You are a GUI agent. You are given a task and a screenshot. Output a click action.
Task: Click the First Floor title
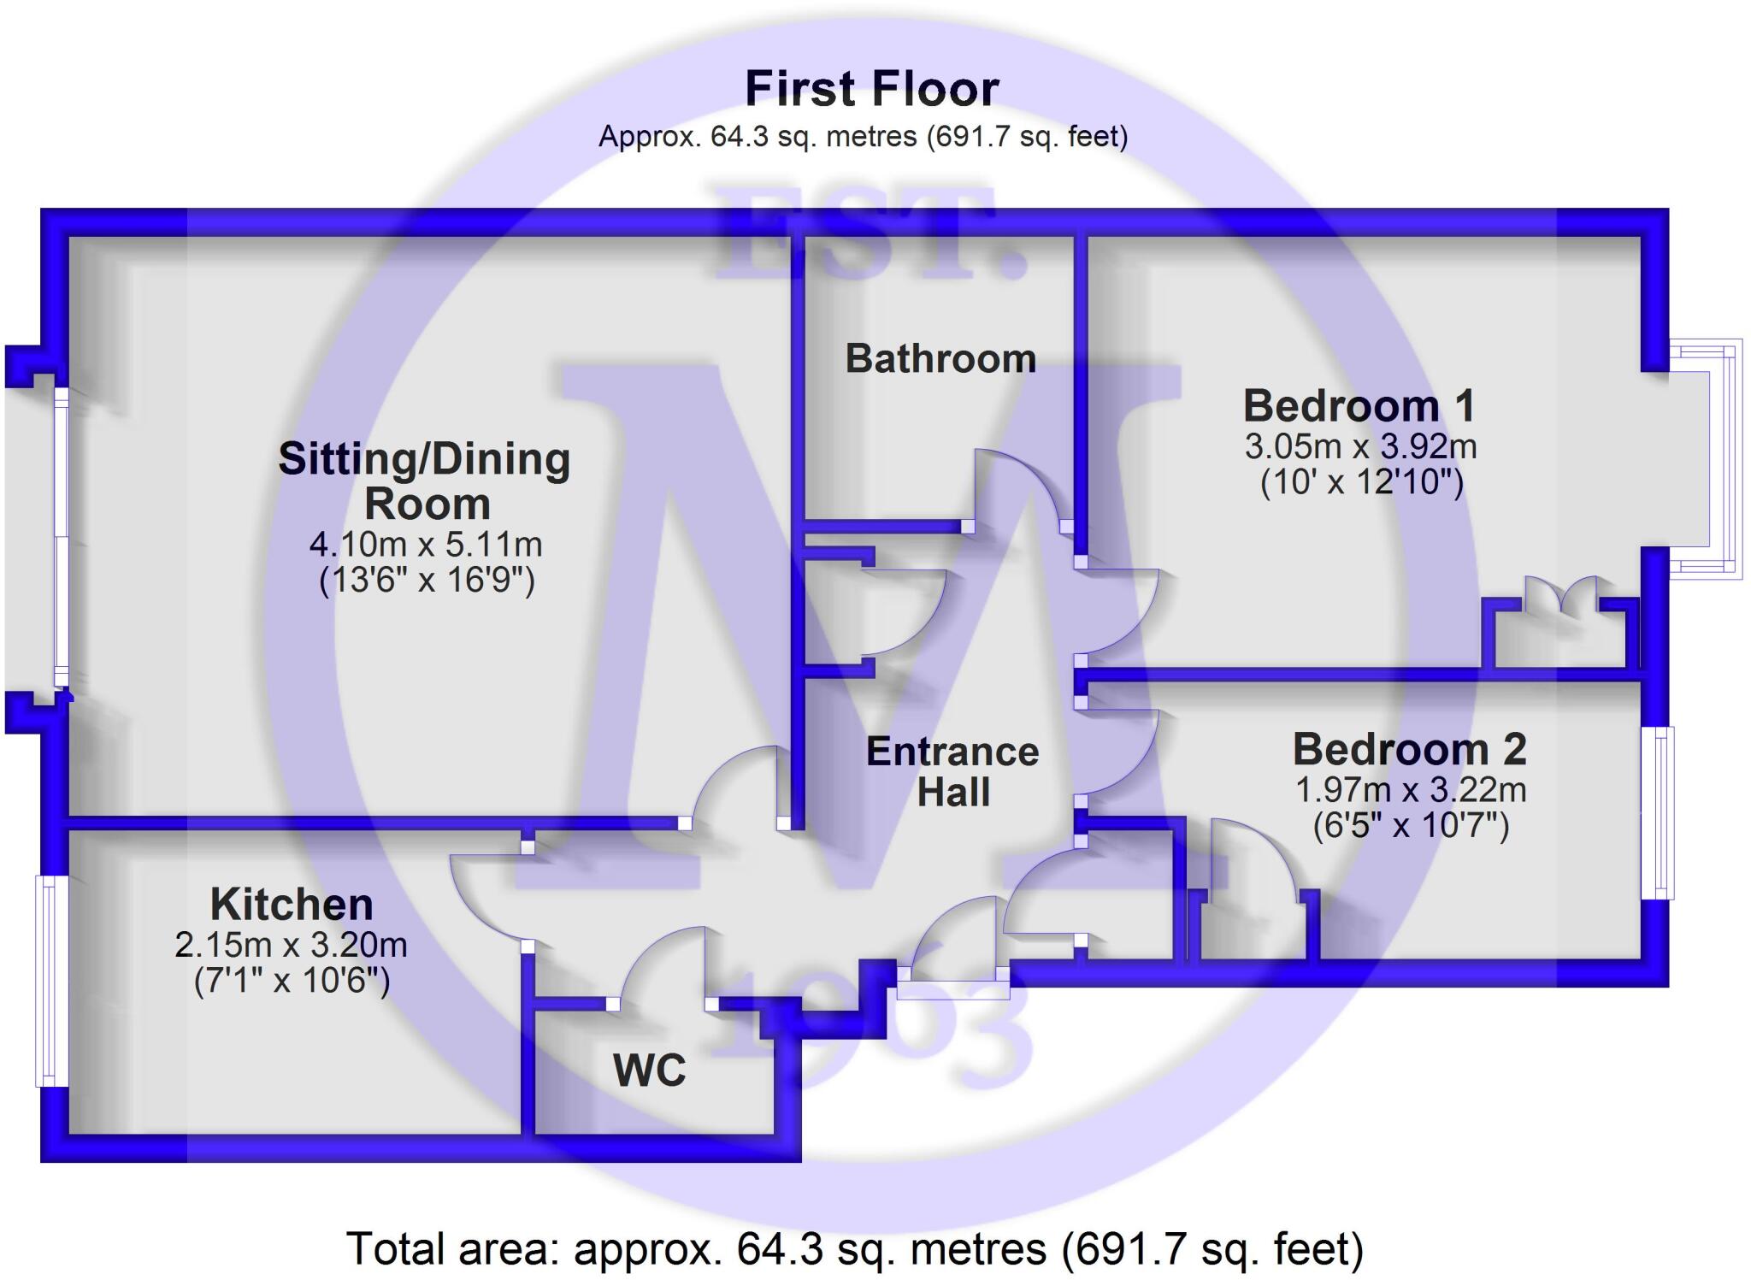[871, 89]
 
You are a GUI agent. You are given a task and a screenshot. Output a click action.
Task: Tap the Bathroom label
[940, 359]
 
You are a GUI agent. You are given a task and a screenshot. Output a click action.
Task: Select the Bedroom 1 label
[1359, 406]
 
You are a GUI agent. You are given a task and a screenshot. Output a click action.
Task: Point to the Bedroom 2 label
[1409, 750]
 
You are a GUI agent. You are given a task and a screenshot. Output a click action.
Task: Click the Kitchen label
[292, 905]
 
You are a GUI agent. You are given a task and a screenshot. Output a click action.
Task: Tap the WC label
[649, 1071]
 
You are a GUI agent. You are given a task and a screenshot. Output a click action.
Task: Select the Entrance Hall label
[952, 772]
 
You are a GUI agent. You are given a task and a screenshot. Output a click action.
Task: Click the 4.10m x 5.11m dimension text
[426, 544]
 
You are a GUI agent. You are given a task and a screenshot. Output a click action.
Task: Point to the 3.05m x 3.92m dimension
[1360, 446]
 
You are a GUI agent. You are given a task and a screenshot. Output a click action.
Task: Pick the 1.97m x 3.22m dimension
[1411, 789]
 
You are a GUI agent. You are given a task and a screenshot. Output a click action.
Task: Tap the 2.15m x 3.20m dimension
[291, 945]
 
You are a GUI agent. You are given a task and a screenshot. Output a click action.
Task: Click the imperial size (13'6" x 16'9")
[427, 581]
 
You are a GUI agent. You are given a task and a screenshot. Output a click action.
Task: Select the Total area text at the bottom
[855, 1248]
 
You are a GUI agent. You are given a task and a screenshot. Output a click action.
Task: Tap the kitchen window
[50, 980]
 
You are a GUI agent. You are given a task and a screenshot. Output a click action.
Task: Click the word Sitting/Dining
[424, 460]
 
